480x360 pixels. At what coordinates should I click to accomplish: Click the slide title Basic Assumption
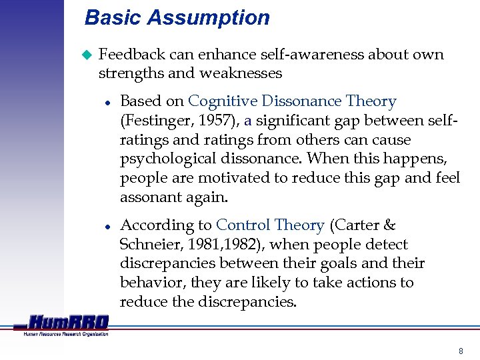[177, 18]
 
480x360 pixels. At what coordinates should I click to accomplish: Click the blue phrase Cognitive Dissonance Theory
[292, 102]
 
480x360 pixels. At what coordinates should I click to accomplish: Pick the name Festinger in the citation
[153, 121]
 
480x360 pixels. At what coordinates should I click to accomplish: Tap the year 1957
[203, 121]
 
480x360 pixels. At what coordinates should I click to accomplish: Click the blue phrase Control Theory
[270, 225]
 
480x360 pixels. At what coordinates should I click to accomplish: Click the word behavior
[151, 283]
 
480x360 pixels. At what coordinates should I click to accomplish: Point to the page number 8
[460, 351]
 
